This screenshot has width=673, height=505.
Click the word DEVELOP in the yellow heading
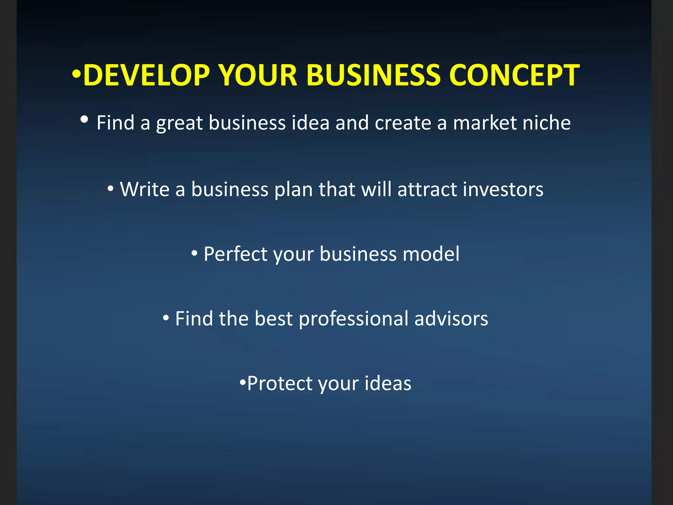(x=147, y=76)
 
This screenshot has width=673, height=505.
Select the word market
(x=485, y=123)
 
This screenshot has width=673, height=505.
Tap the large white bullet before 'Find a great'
(x=84, y=120)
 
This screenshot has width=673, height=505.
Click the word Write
(x=145, y=189)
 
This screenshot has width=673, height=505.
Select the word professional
(x=353, y=319)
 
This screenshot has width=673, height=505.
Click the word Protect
(x=280, y=383)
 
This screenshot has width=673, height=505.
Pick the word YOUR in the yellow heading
(x=258, y=76)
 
